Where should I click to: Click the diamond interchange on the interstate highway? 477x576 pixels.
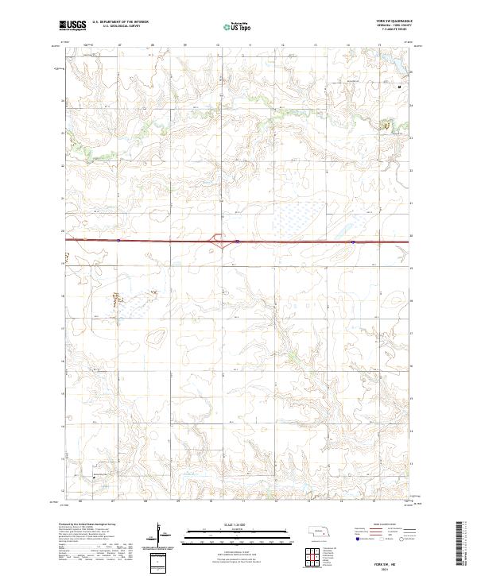[x=216, y=238]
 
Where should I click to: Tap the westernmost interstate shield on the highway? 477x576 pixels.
[x=117, y=238]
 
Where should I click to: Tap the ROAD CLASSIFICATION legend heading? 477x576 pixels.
[x=386, y=526]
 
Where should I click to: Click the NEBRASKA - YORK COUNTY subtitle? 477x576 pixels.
[x=396, y=26]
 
